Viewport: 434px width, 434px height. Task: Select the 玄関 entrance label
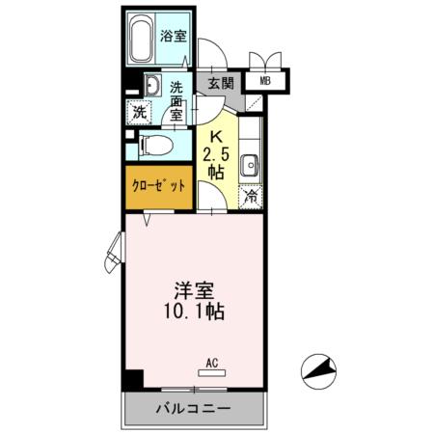219,83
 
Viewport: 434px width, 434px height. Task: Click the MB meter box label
263,82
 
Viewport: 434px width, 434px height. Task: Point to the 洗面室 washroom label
176,97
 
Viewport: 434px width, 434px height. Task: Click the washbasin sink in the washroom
151,86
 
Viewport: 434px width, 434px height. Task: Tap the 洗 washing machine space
140,111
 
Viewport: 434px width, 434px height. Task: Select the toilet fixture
154,147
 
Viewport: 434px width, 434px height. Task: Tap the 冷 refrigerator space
250,196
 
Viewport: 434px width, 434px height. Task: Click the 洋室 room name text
193,290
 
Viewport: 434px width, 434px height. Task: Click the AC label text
211,363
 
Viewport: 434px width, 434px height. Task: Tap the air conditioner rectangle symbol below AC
211,372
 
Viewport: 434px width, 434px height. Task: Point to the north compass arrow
322,367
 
